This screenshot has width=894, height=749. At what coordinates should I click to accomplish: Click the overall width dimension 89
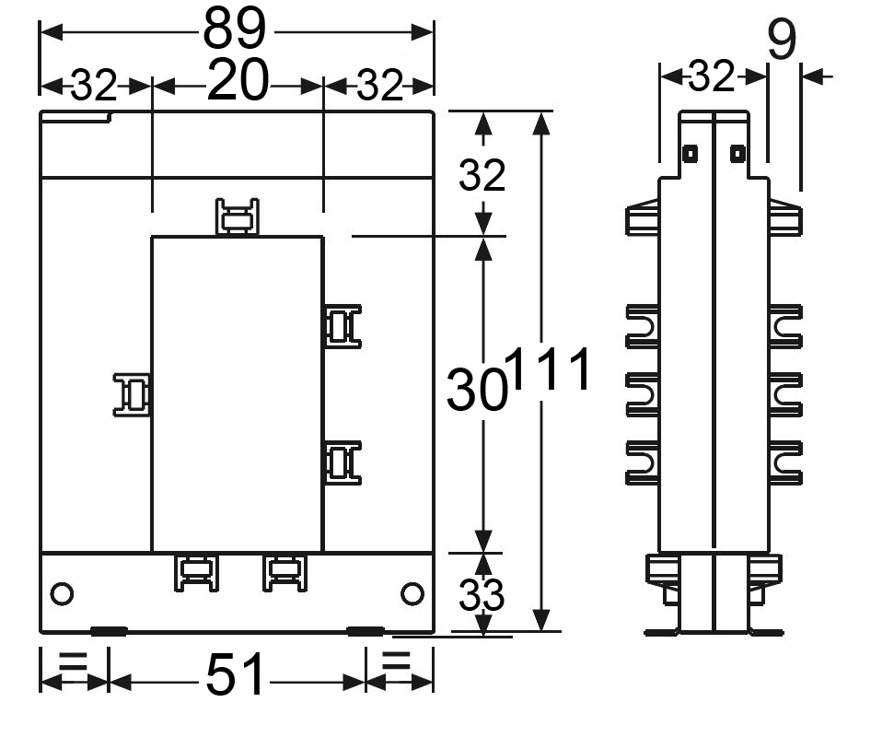coord(235,29)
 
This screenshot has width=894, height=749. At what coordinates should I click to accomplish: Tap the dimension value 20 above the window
coord(238,80)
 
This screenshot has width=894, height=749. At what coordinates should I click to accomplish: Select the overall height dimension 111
coord(549,369)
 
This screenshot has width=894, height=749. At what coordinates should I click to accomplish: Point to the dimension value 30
coord(477,389)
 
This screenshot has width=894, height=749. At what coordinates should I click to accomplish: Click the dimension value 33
coord(482,595)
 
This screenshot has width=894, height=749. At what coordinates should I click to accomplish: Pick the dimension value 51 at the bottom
coord(235,675)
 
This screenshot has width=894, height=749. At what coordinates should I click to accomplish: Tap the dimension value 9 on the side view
coord(782,40)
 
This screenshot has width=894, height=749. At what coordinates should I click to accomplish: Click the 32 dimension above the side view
coord(711,76)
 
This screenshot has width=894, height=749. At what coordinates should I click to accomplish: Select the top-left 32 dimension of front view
coord(94,86)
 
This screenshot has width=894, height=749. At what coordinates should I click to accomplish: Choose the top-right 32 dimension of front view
coord(379,86)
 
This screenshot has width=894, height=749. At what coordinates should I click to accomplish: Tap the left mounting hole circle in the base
coord(62,593)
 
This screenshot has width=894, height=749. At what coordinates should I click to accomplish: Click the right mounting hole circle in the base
coord(412,593)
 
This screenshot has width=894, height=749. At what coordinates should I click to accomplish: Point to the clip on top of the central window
coord(238,217)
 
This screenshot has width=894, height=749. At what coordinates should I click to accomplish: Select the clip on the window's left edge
coord(133,394)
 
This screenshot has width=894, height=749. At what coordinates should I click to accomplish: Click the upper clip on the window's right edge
coord(343,326)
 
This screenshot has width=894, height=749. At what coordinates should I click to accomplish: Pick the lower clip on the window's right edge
coord(343,462)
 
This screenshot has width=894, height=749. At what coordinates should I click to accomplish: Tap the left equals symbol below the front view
coord(73,660)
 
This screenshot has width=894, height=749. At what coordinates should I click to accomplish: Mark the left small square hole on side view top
coord(690,154)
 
